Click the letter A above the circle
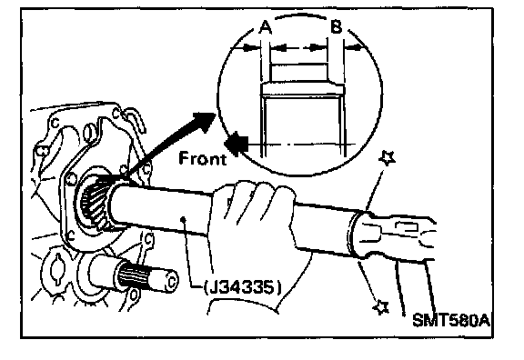266,27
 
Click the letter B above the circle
337,26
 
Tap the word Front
203,158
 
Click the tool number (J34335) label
243,288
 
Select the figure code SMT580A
451,320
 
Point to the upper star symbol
388,157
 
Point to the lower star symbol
380,306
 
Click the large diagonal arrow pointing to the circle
170,144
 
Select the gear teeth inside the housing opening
95,200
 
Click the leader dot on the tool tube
183,219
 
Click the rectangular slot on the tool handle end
407,227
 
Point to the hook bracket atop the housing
136,119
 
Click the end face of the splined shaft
171,281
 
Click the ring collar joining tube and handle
353,234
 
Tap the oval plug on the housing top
87,133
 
